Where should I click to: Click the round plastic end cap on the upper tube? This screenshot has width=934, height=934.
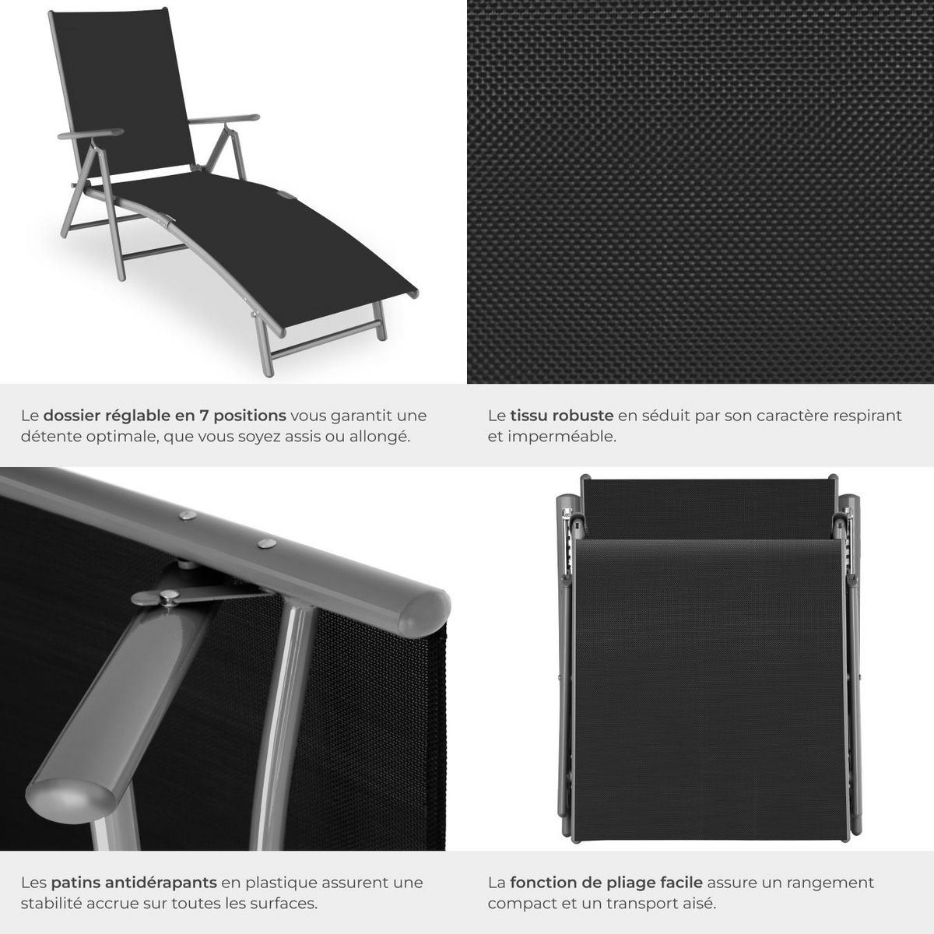coord(423,611)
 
